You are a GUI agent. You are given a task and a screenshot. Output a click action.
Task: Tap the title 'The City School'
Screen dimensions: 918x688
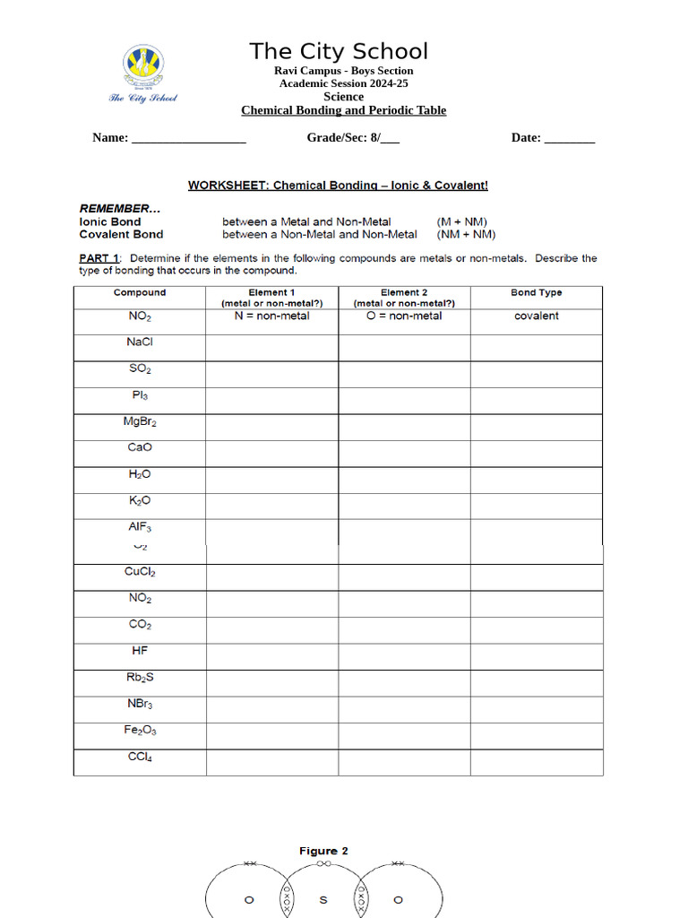click(x=339, y=51)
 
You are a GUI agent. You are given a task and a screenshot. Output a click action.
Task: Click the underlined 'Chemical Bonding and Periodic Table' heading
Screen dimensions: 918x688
click(x=343, y=110)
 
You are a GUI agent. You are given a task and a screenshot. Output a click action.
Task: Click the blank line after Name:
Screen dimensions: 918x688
click(x=189, y=139)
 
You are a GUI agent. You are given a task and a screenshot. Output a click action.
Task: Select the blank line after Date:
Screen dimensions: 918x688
click(x=570, y=139)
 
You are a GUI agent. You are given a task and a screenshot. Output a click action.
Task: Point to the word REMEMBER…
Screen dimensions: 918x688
click(x=120, y=208)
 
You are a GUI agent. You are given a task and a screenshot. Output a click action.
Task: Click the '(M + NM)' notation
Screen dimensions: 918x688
click(x=462, y=221)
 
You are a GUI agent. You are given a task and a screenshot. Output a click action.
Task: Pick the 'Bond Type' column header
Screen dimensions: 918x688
click(x=537, y=292)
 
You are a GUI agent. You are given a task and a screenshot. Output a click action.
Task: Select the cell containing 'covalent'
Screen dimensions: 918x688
click(x=537, y=316)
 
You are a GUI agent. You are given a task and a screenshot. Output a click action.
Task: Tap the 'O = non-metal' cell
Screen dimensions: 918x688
click(x=404, y=316)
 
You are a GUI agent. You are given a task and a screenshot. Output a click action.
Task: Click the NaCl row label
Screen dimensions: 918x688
click(x=140, y=342)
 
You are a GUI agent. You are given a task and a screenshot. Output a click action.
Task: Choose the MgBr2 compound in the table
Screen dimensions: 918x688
click(x=140, y=421)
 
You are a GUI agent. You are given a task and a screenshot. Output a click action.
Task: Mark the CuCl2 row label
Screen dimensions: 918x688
click(x=140, y=572)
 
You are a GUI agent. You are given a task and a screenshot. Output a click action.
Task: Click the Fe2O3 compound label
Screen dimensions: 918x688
click(x=140, y=731)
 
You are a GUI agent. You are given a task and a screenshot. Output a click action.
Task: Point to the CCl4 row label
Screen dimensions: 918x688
click(x=140, y=758)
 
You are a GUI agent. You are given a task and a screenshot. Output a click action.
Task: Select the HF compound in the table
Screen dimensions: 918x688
click(x=140, y=651)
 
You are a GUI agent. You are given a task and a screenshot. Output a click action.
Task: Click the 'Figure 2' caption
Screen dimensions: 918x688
click(x=323, y=851)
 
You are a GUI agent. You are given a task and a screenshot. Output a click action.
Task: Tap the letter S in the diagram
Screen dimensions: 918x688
click(x=323, y=899)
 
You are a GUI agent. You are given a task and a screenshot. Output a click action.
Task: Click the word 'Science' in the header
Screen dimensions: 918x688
click(x=343, y=97)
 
